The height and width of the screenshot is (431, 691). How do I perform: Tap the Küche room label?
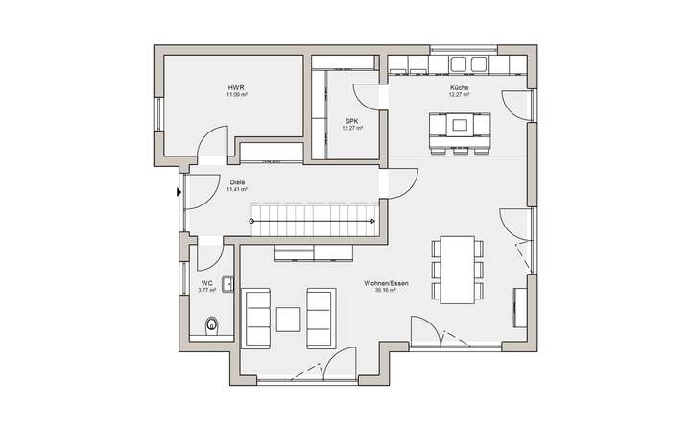click(459, 88)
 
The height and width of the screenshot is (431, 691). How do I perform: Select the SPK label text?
click(350, 121)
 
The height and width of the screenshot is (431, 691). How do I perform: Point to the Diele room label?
click(236, 180)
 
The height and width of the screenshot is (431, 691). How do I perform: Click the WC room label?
click(206, 283)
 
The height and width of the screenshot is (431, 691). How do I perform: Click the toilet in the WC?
click(213, 324)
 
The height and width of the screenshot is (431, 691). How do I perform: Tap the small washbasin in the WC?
click(227, 283)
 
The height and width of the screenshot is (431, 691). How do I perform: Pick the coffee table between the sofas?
click(289, 317)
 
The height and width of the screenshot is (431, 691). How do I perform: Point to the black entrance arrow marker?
click(179, 190)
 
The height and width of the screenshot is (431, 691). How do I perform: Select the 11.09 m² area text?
click(235, 96)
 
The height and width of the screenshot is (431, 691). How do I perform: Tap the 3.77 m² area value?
click(206, 290)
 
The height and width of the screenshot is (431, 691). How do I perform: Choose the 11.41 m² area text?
click(236, 189)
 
